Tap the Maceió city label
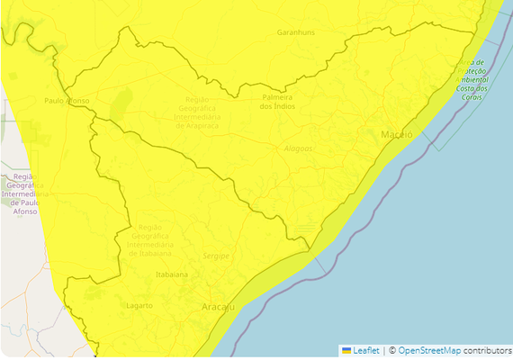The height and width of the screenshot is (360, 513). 396,134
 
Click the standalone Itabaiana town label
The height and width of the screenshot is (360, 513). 172,274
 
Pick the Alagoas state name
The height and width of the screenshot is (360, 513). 297,148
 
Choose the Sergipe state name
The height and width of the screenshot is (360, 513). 216,256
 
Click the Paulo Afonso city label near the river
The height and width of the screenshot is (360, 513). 67,101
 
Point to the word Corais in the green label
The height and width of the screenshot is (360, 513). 472,97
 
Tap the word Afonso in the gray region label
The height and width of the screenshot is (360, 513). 24,212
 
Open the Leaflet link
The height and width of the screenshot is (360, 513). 365,350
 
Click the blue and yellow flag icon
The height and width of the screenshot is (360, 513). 346,350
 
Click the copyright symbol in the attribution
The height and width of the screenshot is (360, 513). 392,350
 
